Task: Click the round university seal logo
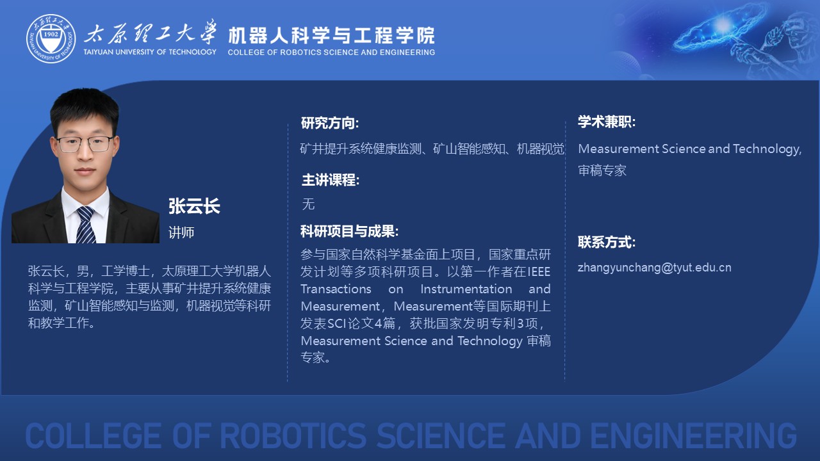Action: point(51,38)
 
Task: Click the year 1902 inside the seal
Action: point(51,34)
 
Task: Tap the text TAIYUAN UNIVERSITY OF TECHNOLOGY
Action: point(150,52)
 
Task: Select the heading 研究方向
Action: point(329,123)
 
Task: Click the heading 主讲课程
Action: point(330,180)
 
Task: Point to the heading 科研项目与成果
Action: point(349,231)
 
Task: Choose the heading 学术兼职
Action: point(607,122)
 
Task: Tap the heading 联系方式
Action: point(607,242)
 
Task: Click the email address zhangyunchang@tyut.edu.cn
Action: point(655,268)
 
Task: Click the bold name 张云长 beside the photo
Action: point(194,206)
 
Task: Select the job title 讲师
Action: point(181,232)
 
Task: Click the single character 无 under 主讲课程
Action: point(308,204)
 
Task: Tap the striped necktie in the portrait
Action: point(85,225)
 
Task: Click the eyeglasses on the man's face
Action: point(85,145)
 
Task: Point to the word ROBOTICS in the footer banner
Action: point(293,435)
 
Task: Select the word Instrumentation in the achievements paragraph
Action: point(466,289)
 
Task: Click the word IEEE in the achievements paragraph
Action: point(539,272)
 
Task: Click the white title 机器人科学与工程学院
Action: point(331,35)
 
